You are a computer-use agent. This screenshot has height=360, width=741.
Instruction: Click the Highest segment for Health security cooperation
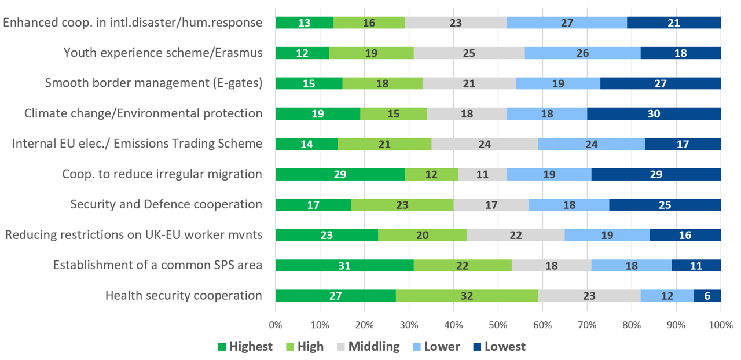coord(336,296)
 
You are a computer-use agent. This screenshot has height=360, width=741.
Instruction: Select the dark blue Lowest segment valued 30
coord(654,113)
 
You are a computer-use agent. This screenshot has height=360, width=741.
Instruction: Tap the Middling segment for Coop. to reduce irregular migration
coord(482,174)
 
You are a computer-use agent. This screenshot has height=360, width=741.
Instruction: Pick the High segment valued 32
coord(467,296)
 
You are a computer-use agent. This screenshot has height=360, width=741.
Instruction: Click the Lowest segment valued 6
coord(707,296)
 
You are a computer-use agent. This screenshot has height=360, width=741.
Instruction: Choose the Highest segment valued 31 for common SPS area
coord(344,266)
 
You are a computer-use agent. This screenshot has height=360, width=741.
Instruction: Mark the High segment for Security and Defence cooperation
coord(402,205)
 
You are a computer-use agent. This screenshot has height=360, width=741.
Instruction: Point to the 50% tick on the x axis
coord(498,325)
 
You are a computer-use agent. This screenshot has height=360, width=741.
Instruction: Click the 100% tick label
coord(720,325)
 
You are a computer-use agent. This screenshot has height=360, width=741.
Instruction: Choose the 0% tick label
coord(276,325)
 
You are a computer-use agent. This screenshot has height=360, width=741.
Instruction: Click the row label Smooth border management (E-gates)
coord(153,83)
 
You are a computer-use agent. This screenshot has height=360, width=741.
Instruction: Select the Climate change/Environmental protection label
coord(143,113)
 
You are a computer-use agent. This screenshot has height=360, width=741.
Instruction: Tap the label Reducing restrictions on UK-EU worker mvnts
coord(134,235)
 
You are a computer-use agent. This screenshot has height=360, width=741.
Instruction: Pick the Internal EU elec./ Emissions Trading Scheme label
coord(137,144)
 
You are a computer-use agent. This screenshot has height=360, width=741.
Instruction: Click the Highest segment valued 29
coord(340,174)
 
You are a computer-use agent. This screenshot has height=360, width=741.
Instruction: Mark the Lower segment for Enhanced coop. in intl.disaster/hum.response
coord(567,23)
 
